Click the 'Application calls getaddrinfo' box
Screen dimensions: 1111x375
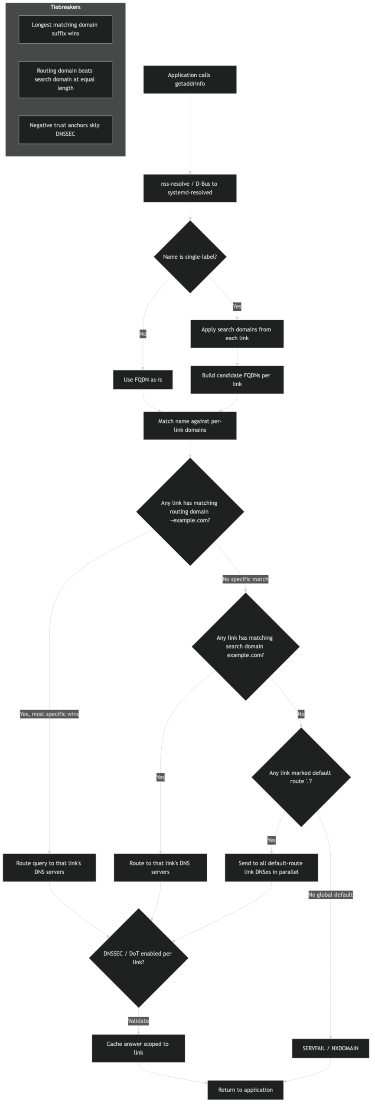190,79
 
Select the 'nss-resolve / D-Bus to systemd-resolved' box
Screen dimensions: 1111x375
190,188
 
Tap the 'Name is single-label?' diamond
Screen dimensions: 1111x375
190,256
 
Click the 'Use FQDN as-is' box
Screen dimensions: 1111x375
143,379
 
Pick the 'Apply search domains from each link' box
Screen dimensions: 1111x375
237,334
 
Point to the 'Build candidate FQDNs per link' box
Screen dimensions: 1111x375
237,379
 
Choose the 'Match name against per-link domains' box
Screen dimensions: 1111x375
190,425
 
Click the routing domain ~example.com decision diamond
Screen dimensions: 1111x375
190,512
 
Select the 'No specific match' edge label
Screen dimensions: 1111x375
245,579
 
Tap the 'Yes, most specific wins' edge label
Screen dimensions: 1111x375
49,714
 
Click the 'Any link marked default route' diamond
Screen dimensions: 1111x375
301,776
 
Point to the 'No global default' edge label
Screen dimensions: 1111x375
330,894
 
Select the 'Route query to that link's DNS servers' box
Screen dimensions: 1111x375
49,868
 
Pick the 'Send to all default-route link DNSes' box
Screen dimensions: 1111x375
271,868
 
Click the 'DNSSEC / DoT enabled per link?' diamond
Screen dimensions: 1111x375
138,957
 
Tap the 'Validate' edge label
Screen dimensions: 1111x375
138,1021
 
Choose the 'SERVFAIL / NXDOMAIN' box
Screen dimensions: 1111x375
330,1048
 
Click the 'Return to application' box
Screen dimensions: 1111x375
245,1090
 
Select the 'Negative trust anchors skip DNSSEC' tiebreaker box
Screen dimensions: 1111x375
65,129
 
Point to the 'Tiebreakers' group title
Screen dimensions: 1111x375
65,7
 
